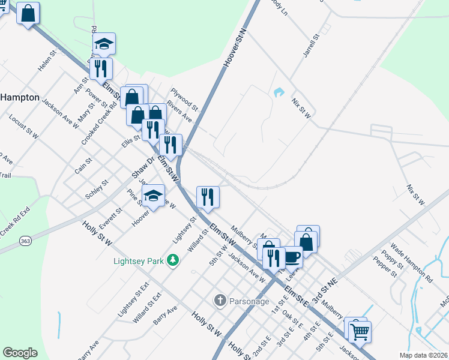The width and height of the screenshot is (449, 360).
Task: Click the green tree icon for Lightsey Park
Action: (173, 260)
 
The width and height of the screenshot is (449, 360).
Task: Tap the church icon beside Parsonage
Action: (220, 300)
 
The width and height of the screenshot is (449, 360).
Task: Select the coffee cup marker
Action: (292, 257)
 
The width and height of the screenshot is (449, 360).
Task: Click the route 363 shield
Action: (25, 241)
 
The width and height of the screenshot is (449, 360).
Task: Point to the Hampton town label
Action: (20, 97)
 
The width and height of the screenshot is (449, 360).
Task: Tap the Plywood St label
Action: (182, 94)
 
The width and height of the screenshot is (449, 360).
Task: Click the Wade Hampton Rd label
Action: (411, 263)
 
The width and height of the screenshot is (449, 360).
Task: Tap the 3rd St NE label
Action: (325, 289)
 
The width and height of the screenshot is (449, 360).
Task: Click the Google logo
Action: (20, 353)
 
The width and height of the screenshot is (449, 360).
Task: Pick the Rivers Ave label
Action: (179, 111)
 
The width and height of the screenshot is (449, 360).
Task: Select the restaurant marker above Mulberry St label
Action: (208, 197)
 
